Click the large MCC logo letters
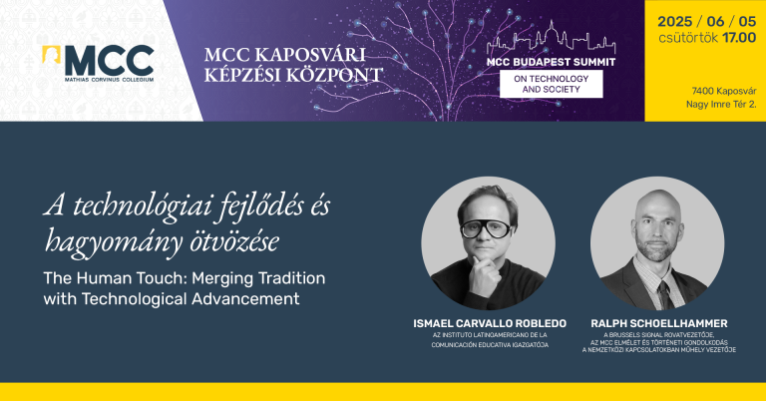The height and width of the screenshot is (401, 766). click(110, 61)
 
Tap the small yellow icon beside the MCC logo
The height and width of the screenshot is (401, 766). click(51, 54)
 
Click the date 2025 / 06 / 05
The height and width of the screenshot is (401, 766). click(706, 22)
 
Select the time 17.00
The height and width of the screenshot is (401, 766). click(739, 38)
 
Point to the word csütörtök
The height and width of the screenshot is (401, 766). click(688, 38)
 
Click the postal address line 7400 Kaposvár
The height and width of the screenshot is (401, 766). click(724, 91)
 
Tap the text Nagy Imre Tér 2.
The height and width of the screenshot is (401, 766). click(721, 104)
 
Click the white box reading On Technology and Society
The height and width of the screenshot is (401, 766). click(551, 84)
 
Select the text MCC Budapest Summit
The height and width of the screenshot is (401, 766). click(551, 62)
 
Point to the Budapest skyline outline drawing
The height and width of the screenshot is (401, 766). click(551, 39)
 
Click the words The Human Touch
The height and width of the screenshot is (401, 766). click(116, 278)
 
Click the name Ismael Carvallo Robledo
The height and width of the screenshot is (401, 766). click(490, 323)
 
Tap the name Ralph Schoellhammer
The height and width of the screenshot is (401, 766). click(659, 323)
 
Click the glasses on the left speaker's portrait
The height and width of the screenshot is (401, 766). click(485, 228)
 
